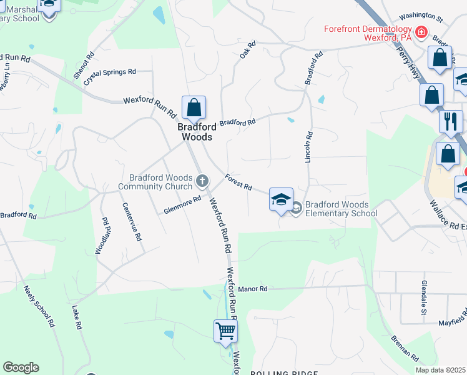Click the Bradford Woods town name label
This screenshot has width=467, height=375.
pos(195,131)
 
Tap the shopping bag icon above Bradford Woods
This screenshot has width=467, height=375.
pos(194,107)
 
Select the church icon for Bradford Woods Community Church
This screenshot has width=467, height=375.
pos(202,181)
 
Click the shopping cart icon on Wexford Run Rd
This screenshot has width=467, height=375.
pos(225,331)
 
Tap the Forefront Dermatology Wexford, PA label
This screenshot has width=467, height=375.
pos(368,34)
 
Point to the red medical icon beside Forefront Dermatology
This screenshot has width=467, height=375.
pos(421,31)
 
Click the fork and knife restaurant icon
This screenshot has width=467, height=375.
pos(451,121)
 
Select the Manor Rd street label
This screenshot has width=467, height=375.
pos(253,289)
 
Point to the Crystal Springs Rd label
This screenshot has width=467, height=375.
pos(109,72)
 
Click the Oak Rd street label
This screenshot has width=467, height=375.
pos(248,51)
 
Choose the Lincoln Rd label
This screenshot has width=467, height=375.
pos(308,147)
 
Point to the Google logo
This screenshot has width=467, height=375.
pos(21,367)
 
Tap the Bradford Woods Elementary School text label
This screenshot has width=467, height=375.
pos(341,209)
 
